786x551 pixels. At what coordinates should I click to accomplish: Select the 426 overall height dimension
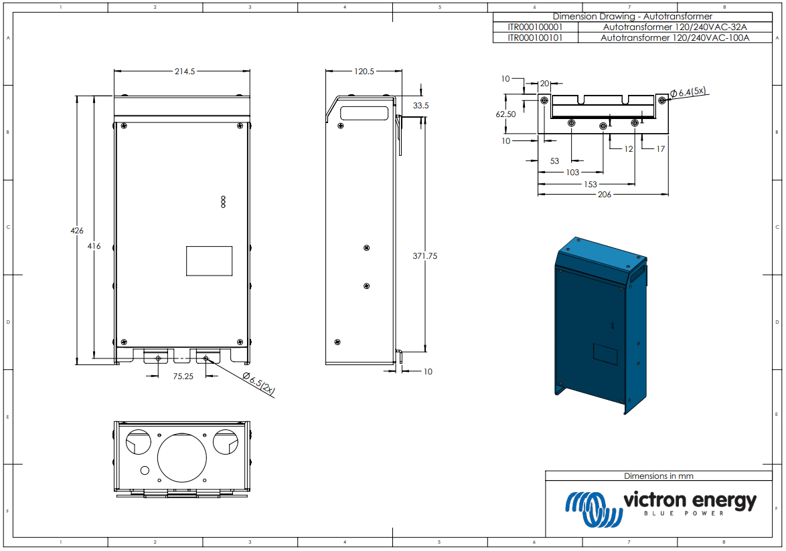[77, 231]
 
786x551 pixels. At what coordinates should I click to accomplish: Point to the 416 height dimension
[94, 246]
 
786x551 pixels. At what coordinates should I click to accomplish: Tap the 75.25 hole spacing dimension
[183, 376]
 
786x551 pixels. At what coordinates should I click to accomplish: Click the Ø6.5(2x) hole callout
[259, 384]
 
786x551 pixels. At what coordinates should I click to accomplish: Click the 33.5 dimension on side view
[420, 106]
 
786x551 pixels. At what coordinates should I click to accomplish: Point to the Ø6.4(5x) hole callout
[691, 92]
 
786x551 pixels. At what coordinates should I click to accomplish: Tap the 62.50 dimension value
[505, 114]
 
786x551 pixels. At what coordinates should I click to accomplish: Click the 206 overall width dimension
[604, 195]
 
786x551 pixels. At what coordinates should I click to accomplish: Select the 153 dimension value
[590, 184]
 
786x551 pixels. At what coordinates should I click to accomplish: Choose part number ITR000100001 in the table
[536, 27]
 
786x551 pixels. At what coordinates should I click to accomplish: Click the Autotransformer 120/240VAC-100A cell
[675, 38]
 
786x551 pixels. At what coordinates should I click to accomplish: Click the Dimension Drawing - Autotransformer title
[632, 16]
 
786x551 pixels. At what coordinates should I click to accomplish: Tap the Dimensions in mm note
[658, 476]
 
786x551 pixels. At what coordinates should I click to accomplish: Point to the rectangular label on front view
[209, 261]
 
